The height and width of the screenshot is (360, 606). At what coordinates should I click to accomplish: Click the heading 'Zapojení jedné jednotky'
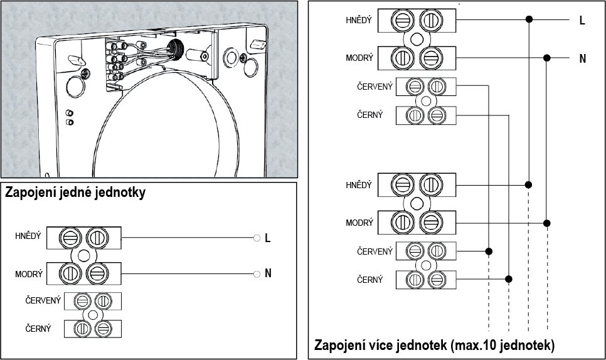(x=75, y=193)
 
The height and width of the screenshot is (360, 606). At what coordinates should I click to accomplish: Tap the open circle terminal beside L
(x=256, y=238)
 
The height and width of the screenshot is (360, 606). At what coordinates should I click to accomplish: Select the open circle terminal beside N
(x=256, y=274)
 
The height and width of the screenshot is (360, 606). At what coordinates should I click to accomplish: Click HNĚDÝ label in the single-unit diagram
(x=28, y=236)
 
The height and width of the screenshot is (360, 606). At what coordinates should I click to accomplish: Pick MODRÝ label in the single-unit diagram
(x=29, y=274)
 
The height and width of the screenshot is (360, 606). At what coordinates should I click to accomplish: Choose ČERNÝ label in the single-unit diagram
(x=38, y=328)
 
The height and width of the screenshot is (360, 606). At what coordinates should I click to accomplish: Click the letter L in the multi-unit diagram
(x=582, y=21)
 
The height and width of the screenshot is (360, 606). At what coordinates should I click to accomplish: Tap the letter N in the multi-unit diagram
(x=582, y=58)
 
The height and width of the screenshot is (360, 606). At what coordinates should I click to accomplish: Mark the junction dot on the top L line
(x=529, y=20)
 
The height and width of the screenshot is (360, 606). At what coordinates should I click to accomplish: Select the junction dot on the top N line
(x=547, y=58)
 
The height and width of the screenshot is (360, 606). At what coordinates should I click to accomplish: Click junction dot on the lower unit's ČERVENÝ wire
(x=489, y=251)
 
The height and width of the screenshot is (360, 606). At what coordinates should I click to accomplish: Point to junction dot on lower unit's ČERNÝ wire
(x=508, y=279)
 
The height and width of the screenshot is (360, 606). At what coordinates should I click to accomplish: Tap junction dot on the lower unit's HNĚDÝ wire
(x=529, y=185)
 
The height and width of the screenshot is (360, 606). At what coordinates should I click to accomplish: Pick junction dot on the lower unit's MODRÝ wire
(x=547, y=223)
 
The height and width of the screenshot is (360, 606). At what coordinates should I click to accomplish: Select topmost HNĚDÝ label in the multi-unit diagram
(x=359, y=21)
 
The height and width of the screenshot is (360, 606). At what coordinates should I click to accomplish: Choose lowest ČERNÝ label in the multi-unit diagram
(x=369, y=279)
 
